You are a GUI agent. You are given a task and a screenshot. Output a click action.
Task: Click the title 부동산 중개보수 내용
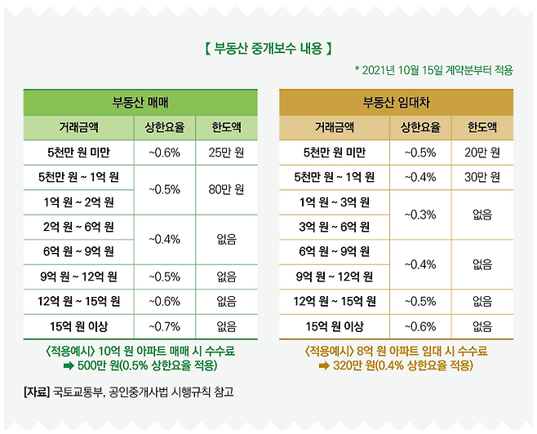268,49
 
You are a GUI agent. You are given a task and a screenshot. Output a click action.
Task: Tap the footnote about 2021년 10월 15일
433,70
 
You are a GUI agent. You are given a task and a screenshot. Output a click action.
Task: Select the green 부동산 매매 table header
140,102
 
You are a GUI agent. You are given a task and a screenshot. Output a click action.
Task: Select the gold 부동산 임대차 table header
396,102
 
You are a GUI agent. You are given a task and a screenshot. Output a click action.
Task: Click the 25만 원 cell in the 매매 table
227,152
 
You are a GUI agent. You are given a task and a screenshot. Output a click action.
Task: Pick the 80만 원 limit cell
227,189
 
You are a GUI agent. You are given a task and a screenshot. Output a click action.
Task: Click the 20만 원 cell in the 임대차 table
482,152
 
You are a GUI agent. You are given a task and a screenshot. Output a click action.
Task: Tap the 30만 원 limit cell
482,177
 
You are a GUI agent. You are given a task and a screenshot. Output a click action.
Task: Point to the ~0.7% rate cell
164,326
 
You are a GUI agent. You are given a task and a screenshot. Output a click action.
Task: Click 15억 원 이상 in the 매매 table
78,326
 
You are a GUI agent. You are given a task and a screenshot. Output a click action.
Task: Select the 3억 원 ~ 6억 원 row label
334,227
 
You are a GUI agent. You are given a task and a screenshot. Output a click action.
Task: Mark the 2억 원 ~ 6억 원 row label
78,227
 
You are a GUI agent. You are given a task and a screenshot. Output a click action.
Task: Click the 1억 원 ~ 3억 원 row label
334,201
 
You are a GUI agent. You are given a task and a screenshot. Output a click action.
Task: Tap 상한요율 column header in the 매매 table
164,127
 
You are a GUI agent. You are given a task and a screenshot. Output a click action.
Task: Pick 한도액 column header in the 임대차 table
482,127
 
